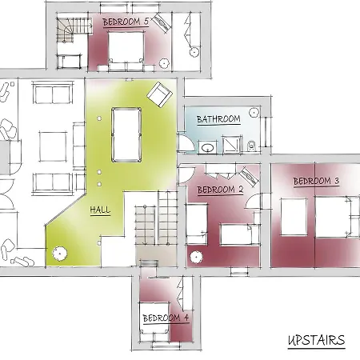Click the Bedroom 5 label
126,22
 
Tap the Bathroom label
218,119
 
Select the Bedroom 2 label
220,190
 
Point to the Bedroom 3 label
316,182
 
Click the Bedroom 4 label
166,318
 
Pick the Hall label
100,210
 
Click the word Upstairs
317,340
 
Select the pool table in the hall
126,134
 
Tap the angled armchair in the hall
159,94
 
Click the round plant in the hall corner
59,254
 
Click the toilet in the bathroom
251,146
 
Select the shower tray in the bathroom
231,145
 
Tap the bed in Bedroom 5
126,48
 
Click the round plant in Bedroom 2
196,257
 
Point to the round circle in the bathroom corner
254,112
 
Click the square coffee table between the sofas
53,146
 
